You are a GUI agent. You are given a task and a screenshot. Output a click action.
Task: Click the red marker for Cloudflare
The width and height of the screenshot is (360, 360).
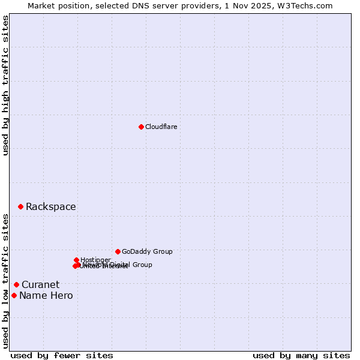(x=141, y=127)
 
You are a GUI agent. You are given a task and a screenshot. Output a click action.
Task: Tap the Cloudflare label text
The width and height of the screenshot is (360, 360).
(x=161, y=127)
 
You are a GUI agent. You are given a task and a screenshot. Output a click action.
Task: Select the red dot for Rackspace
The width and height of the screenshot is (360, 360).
(x=20, y=206)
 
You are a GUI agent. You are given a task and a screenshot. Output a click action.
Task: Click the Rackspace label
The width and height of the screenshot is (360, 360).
(x=50, y=207)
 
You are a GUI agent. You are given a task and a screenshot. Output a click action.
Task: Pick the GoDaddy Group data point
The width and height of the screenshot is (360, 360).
(x=118, y=251)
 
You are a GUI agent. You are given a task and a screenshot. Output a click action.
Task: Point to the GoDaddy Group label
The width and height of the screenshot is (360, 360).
(x=147, y=251)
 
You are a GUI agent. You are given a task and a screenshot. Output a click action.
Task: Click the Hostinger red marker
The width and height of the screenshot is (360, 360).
(x=76, y=260)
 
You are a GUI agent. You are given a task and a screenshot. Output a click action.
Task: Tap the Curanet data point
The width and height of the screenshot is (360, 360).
(x=16, y=284)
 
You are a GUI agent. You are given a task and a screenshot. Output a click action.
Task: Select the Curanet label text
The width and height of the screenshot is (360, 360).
(x=40, y=285)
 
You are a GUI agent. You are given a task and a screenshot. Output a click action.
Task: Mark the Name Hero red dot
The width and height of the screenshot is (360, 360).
(x=14, y=295)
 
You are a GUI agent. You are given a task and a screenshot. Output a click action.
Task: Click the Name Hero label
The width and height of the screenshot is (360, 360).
(x=46, y=296)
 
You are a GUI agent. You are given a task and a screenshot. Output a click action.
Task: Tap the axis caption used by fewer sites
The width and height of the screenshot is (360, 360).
(x=62, y=355)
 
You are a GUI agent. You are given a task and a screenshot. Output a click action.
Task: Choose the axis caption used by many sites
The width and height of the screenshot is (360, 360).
(x=301, y=355)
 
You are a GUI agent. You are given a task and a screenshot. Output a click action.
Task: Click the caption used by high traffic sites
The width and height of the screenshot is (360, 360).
(x=5, y=85)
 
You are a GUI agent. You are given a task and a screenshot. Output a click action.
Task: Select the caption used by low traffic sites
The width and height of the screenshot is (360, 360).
(x=5, y=280)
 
